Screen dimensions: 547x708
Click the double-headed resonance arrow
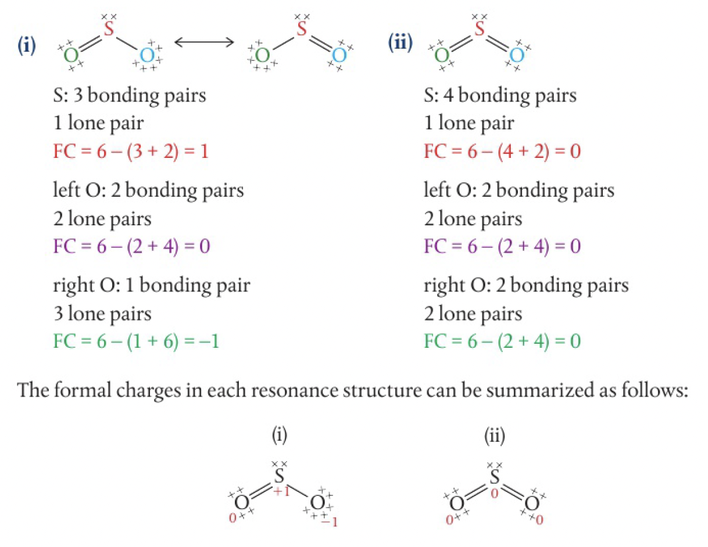click(x=204, y=42)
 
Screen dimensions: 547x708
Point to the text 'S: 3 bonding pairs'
click(x=129, y=96)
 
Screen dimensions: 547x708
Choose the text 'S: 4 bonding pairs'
click(x=500, y=96)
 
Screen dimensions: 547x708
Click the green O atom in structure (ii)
click(x=442, y=56)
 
